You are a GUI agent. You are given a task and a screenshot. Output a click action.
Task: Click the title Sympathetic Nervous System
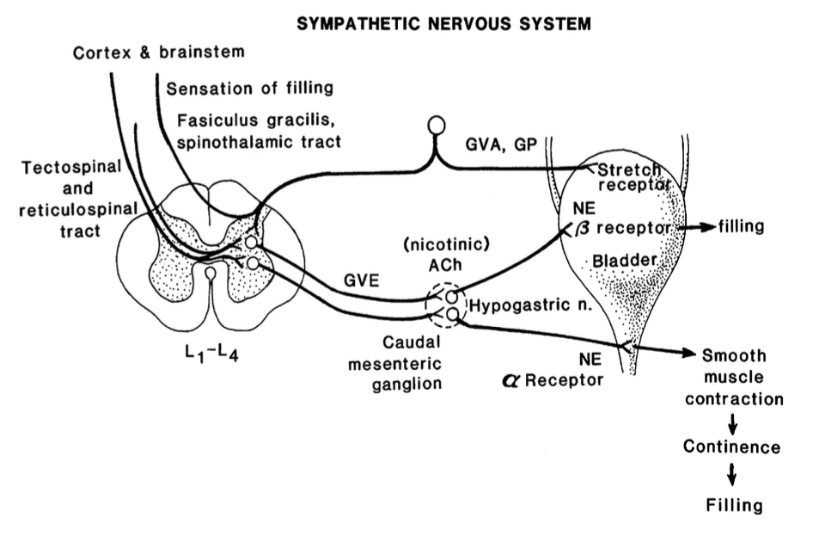point(443,24)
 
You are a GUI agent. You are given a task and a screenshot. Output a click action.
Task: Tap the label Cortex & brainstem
point(159,52)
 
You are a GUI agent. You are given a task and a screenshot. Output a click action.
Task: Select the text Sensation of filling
point(250,88)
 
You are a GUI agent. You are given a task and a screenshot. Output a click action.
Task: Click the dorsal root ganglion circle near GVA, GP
point(437,125)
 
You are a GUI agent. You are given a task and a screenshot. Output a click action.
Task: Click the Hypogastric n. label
point(517,304)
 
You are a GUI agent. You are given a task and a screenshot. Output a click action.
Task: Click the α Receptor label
point(553,379)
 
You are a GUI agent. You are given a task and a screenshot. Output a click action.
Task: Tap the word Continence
point(732,447)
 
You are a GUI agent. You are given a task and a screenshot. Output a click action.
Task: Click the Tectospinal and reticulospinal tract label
point(60,198)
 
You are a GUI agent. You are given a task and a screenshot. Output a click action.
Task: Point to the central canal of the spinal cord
point(211,274)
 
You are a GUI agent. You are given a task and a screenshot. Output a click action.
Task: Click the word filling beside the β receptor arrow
point(741,228)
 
